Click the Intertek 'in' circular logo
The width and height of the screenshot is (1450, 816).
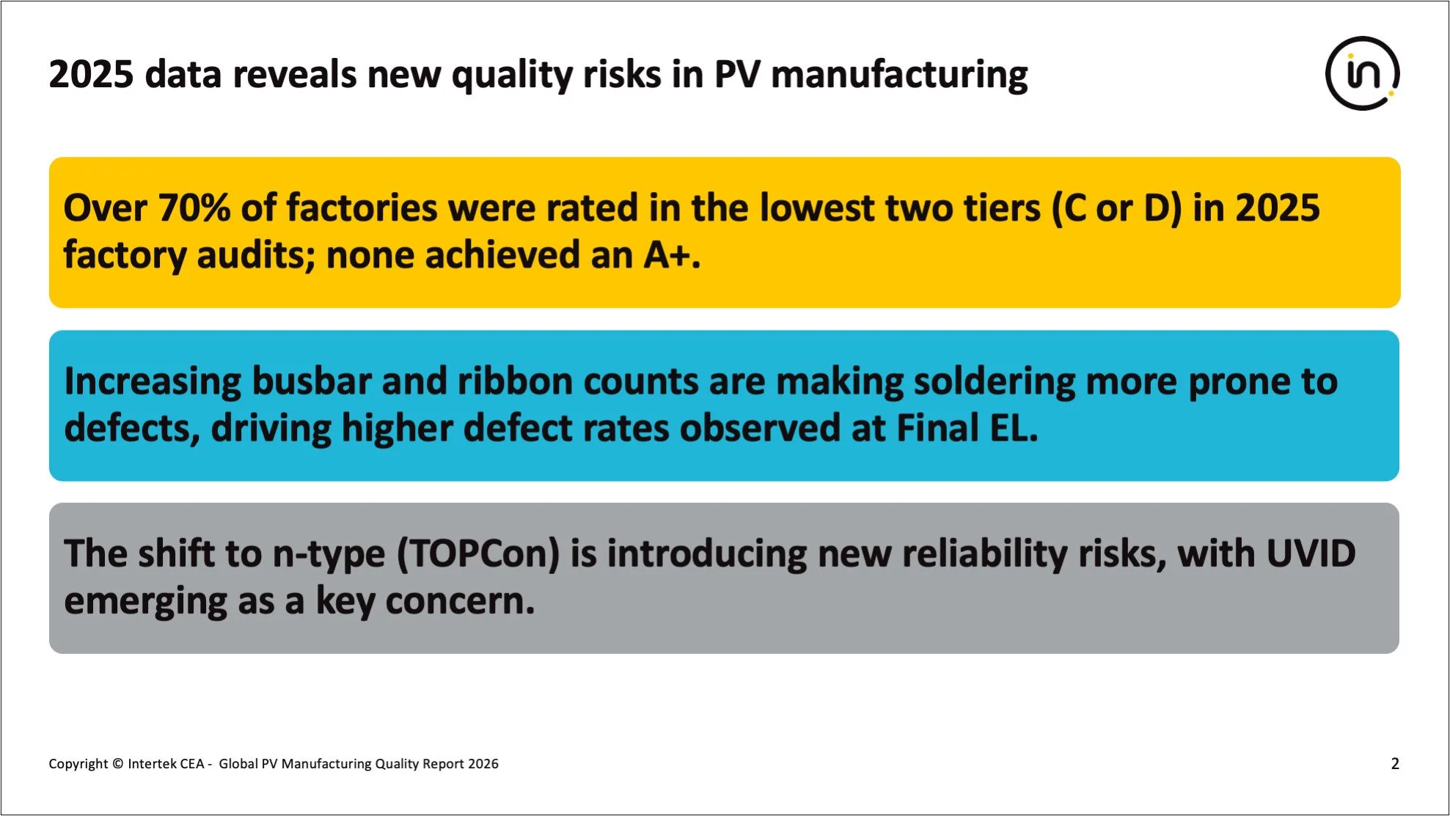1362,73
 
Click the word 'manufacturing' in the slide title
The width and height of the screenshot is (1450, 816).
899,75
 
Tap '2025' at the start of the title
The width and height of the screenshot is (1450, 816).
91,75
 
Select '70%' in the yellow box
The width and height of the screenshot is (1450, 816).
194,208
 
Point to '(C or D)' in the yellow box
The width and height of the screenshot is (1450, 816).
1116,208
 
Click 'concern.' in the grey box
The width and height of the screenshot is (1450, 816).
460,601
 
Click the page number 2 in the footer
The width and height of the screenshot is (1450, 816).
1394,764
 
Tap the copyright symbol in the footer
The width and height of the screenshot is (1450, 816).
117,764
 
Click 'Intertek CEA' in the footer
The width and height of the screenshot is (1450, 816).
166,764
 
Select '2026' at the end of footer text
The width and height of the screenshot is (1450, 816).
483,764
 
